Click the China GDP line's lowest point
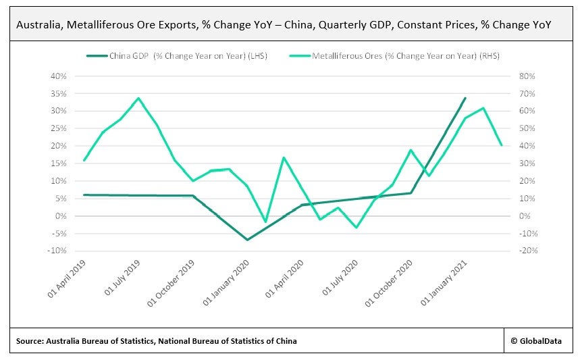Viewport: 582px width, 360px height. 247,240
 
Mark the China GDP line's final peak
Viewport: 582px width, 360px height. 465,98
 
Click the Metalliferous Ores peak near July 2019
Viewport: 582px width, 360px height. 138,98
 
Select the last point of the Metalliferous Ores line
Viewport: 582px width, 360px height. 501,145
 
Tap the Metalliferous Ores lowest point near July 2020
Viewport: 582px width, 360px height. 356,228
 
